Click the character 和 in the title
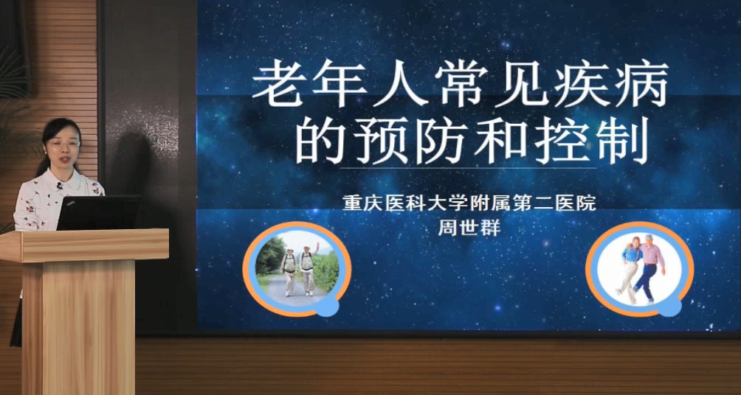tap(501, 140)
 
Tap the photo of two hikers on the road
tap(297, 268)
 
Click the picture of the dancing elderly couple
tap(640, 268)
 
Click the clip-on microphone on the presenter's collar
tap(60, 186)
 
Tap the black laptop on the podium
tap(99, 213)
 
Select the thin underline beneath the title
tap(468, 168)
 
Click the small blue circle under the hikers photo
tap(327, 305)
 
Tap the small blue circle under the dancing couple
tap(669, 305)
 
